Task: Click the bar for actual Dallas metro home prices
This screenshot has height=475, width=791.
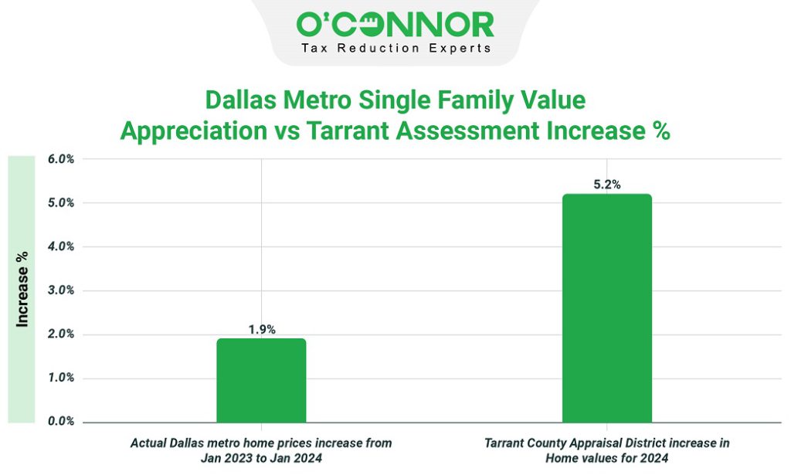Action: point(261,380)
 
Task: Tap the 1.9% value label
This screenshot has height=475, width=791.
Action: point(261,329)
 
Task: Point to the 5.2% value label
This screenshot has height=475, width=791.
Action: point(606,185)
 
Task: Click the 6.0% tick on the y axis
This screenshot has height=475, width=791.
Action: point(61,160)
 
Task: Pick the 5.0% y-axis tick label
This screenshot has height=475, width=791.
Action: point(61,203)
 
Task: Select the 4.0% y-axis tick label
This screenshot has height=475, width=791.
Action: point(61,247)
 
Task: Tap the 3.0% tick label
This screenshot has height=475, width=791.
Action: point(61,291)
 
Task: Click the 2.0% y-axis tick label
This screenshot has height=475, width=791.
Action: point(61,334)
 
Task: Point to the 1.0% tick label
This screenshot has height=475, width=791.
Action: point(61,378)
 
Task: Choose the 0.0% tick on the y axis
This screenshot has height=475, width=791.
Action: point(61,422)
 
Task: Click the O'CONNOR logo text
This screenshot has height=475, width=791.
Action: point(395,24)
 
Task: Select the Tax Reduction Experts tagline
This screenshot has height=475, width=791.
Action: point(395,48)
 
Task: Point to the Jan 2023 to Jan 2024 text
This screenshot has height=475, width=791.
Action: point(261,457)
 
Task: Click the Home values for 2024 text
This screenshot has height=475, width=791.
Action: point(606,457)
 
